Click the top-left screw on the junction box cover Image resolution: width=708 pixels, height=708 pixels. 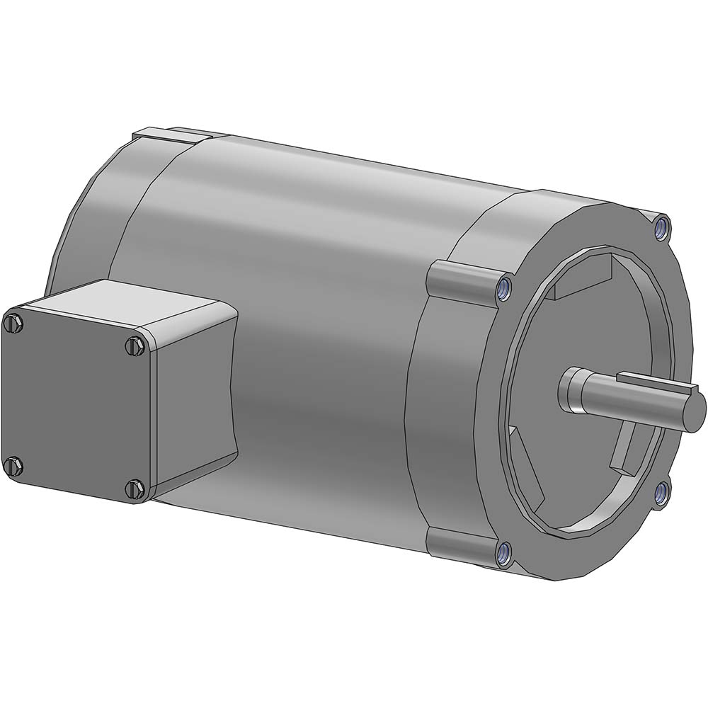(13, 324)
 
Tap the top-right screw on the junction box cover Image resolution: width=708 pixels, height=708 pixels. (135, 346)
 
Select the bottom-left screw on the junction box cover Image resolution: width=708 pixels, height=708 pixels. (13, 466)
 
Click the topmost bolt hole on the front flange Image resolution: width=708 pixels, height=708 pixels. (661, 227)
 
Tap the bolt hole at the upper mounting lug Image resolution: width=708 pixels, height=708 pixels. (503, 287)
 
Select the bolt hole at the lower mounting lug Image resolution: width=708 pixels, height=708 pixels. (503, 553)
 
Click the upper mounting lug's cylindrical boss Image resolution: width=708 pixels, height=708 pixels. (460, 278)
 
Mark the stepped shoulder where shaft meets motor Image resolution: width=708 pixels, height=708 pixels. (572, 389)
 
